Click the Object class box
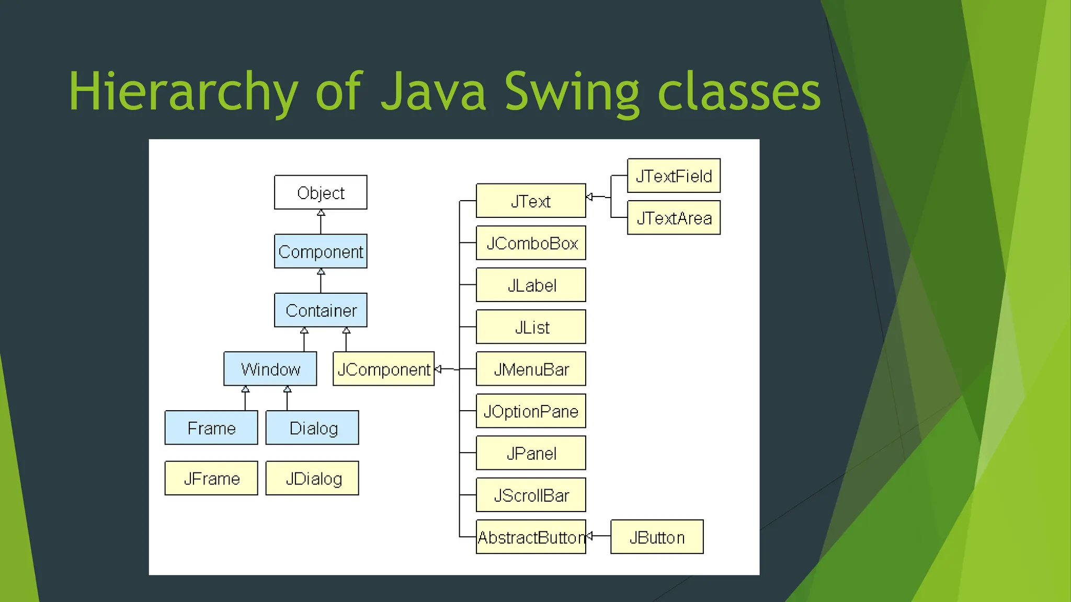coord(321,192)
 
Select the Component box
coord(321,251)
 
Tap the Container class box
coord(321,310)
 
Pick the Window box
coord(270,369)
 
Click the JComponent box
coord(383,369)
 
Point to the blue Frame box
coord(211,427)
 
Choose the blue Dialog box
coord(312,427)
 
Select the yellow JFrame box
coord(211,478)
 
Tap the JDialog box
coord(312,478)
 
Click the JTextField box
coord(674,176)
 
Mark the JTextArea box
coord(674,217)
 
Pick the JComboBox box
coord(531,243)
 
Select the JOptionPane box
coord(531,411)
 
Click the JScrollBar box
coord(531,495)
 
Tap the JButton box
coord(657,537)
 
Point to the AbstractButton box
coord(531,537)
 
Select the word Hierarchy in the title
coord(183,92)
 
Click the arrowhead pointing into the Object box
coord(321,213)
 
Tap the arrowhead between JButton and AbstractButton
coord(589,536)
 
